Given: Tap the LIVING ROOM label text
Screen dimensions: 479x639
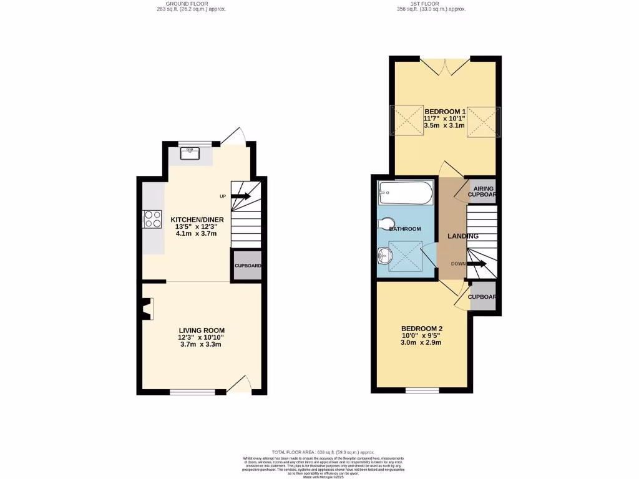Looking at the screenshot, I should (202, 331).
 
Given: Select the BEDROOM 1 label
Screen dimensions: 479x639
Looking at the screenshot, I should (445, 112).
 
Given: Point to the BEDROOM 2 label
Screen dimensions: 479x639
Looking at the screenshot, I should (422, 329).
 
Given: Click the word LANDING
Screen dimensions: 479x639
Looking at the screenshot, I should (463, 236).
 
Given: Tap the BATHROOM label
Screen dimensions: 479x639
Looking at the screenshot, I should (405, 229).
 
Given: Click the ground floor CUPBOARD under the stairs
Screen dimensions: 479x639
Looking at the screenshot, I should (247, 266).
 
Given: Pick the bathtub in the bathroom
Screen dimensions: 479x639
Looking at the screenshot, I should (405, 193).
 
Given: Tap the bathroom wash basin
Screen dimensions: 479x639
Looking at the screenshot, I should (385, 254).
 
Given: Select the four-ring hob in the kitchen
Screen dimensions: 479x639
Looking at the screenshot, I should (152, 219).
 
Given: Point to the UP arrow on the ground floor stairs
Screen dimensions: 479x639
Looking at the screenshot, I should (240, 196).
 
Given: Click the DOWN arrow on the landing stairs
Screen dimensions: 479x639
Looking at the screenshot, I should (477, 264).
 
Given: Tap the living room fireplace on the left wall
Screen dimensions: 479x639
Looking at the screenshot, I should (147, 309).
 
